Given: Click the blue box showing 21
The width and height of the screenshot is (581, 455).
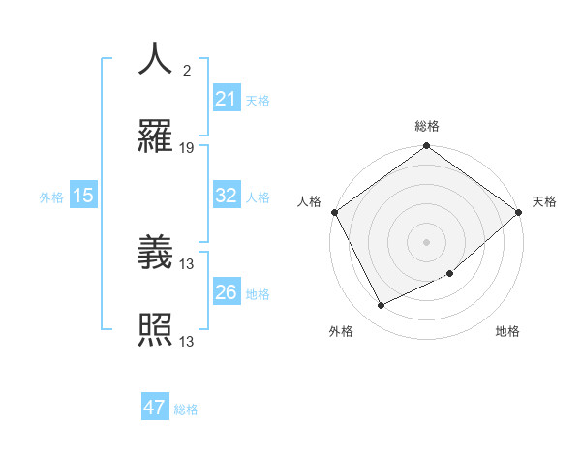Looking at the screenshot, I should [226, 98].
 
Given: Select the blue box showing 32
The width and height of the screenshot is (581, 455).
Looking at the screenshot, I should [226, 196].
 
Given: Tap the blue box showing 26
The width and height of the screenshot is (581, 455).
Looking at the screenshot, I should [226, 292].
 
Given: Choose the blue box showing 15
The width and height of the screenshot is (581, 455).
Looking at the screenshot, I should [83, 196].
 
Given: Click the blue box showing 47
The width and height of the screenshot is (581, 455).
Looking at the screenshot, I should [155, 408].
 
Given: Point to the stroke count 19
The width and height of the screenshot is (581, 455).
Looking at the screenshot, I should [187, 148].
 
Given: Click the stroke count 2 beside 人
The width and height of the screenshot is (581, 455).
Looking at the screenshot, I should [186, 70].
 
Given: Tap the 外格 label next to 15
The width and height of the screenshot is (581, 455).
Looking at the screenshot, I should [51, 197].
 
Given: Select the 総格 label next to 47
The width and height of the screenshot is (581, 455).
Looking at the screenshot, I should [186, 409].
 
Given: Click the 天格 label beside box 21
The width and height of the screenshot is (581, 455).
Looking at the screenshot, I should [257, 100].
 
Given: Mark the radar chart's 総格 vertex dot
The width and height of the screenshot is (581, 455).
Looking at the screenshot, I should [426, 147].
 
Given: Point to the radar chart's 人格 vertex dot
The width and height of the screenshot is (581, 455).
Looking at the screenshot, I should [334, 212].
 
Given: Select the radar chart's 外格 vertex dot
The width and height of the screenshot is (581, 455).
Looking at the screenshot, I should [381, 305].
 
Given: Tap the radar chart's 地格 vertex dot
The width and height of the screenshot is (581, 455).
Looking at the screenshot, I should [450, 273].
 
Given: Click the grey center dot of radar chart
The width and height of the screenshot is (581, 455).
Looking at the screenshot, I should [426, 241].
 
